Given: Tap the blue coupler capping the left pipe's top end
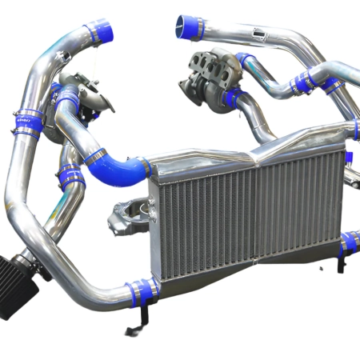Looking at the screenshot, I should pos(102,32).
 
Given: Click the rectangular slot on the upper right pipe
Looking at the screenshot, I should pos(256,34).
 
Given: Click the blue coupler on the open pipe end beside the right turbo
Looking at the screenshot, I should pos(190,26).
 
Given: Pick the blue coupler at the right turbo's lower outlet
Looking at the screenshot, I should pos(233,98).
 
